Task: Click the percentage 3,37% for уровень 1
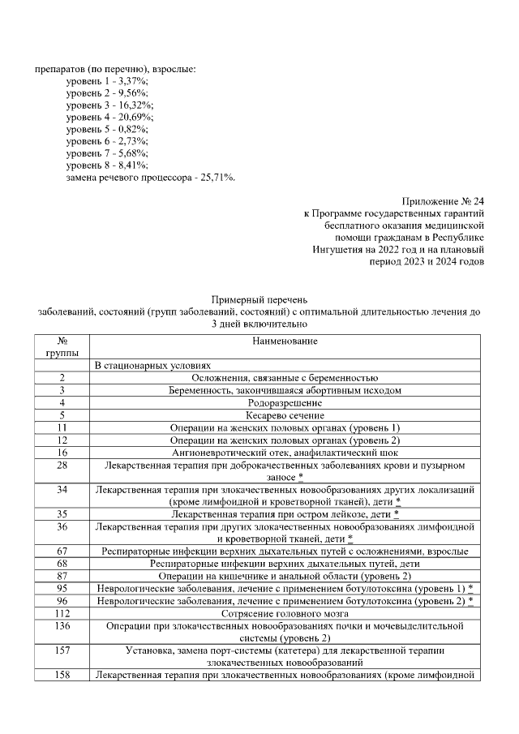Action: (x=126, y=81)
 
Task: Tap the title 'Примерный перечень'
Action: (x=259, y=300)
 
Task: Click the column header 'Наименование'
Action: (x=284, y=341)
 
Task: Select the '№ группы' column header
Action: (x=62, y=347)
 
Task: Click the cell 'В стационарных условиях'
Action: (x=152, y=367)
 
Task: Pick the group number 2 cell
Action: (x=62, y=379)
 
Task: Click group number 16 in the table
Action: (x=62, y=452)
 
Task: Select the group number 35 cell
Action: (x=62, y=514)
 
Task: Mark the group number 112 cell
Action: (x=62, y=614)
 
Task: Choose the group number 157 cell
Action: (x=62, y=650)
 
